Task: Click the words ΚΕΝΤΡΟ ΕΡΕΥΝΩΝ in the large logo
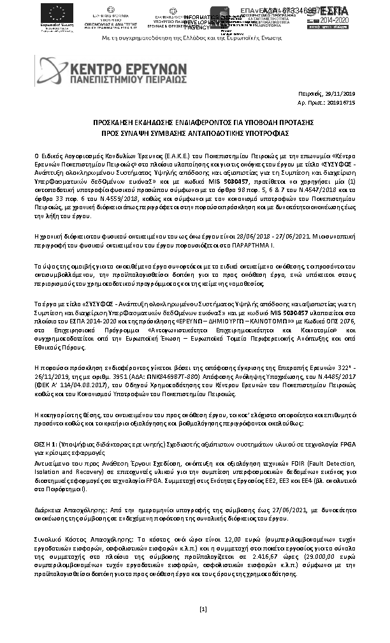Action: (x=127, y=67)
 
